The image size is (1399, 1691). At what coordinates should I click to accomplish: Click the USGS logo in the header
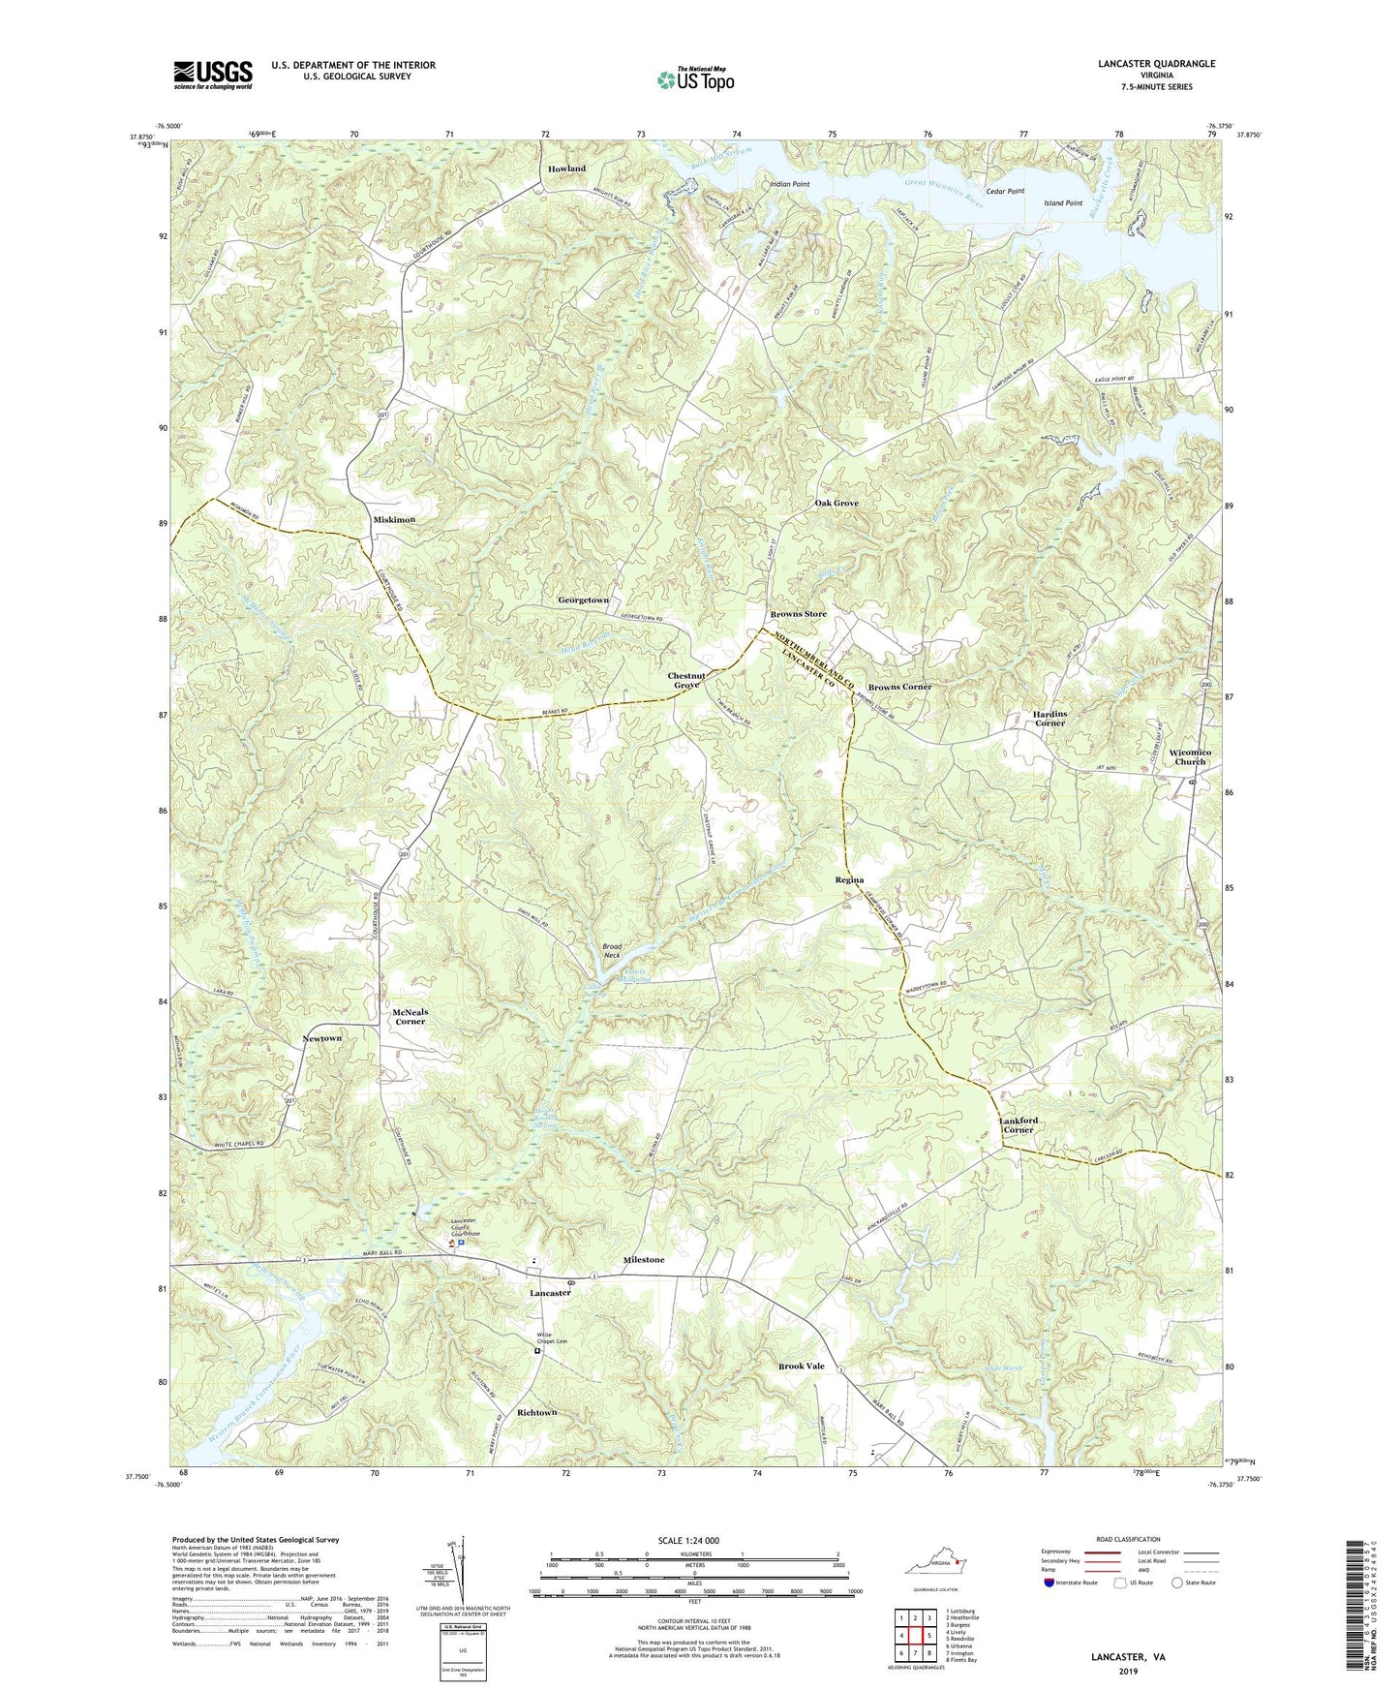click(x=213, y=75)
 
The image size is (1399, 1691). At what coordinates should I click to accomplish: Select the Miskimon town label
click(x=394, y=520)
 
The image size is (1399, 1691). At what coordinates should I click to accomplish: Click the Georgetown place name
click(x=583, y=600)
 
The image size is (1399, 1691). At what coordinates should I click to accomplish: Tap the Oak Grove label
click(x=836, y=504)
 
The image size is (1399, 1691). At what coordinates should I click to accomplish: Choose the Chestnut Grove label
click(x=684, y=680)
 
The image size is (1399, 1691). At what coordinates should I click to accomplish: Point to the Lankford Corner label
click(x=1018, y=1125)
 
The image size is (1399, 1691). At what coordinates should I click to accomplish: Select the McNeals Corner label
click(x=410, y=1016)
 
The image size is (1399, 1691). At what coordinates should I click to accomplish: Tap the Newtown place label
click(x=322, y=1038)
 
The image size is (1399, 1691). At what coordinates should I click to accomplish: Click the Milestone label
click(x=644, y=1260)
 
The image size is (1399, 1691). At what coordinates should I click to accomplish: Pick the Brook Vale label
click(x=802, y=1367)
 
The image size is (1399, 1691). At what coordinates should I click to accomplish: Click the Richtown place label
click(x=537, y=1413)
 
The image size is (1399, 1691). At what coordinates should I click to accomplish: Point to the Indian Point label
click(x=789, y=183)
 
